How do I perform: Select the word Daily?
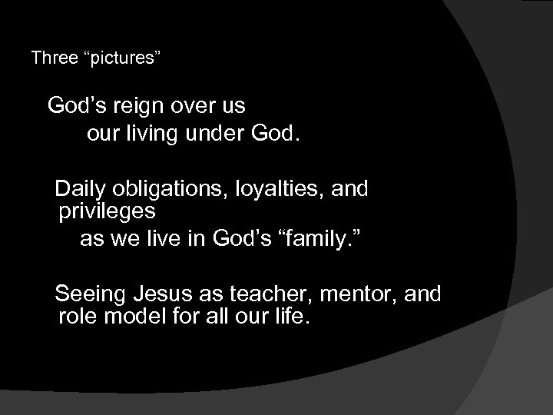[82, 188]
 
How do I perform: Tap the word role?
[76, 317]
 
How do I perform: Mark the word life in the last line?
[292, 317]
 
